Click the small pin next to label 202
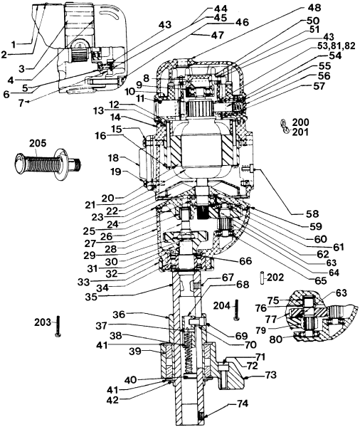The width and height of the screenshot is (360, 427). point(261,276)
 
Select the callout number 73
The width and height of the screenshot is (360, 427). point(271,374)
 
